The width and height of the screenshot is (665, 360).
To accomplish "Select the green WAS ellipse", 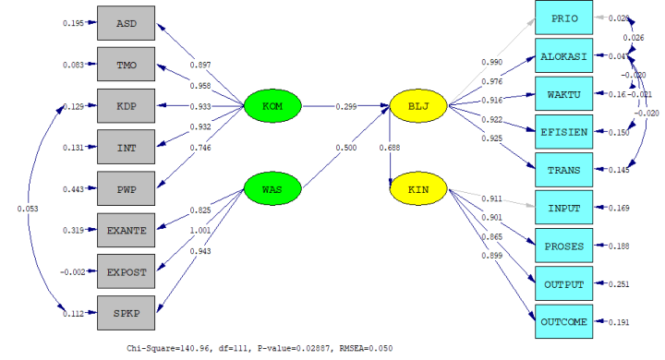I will (x=272, y=189).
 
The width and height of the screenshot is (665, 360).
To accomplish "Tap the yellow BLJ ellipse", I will (x=418, y=106).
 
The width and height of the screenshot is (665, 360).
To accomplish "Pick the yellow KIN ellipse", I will (x=418, y=189).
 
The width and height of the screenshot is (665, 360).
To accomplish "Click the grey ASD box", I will (x=127, y=22).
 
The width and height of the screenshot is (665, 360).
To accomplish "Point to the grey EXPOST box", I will (x=127, y=273).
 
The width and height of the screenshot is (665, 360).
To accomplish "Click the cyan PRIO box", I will (x=564, y=18).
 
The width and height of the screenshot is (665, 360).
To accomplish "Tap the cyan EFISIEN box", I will (x=564, y=132).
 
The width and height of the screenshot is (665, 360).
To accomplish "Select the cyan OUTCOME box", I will (x=564, y=321).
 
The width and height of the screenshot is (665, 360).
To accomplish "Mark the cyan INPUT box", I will (x=564, y=208).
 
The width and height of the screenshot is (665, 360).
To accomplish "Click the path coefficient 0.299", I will (x=346, y=106).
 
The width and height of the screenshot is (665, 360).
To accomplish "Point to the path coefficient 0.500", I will (x=345, y=147).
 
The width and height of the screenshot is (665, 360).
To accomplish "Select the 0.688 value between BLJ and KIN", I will (x=389, y=148).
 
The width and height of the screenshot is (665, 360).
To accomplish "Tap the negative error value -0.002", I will (x=72, y=273).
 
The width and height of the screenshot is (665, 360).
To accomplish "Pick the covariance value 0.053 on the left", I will (x=28, y=209).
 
